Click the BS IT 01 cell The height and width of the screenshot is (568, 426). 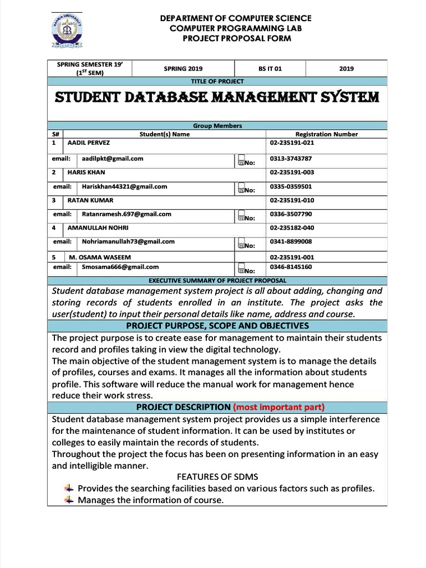coord(270,69)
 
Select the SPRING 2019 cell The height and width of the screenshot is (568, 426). coord(183,69)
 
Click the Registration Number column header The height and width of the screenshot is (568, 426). coord(326,134)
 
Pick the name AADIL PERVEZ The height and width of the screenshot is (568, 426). coord(88,143)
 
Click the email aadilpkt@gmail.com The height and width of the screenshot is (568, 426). coord(113,159)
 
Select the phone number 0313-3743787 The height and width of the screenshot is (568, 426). coord(291,159)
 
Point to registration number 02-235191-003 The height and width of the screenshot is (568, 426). coord(292,173)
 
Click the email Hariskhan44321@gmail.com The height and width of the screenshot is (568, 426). coord(124,187)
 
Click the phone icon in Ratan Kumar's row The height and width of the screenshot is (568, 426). coord(241,215)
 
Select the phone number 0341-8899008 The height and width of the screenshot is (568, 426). coord(291,242)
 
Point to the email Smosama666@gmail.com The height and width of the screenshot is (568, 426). coord(120,267)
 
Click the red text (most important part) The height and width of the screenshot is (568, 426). coord(278,407)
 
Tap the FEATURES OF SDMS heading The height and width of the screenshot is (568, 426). coord(217,477)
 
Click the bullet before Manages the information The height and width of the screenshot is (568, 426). coord(68,500)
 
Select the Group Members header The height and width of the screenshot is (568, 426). coord(217,126)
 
